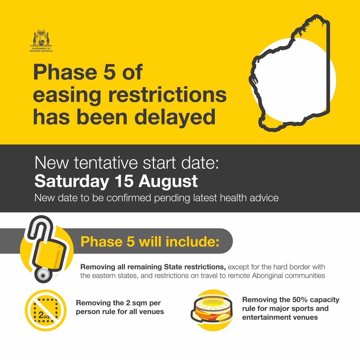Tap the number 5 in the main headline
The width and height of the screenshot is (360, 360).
(109, 72)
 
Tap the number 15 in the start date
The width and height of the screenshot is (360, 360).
(124, 181)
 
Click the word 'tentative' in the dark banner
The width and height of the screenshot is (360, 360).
(106, 163)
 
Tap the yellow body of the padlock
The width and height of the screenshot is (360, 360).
(49, 254)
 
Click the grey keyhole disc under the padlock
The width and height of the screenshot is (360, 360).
(42, 275)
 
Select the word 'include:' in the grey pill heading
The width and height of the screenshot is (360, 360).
(192, 242)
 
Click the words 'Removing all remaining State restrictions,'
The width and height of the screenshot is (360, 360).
(153, 267)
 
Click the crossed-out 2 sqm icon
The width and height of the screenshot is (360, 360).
(45, 310)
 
